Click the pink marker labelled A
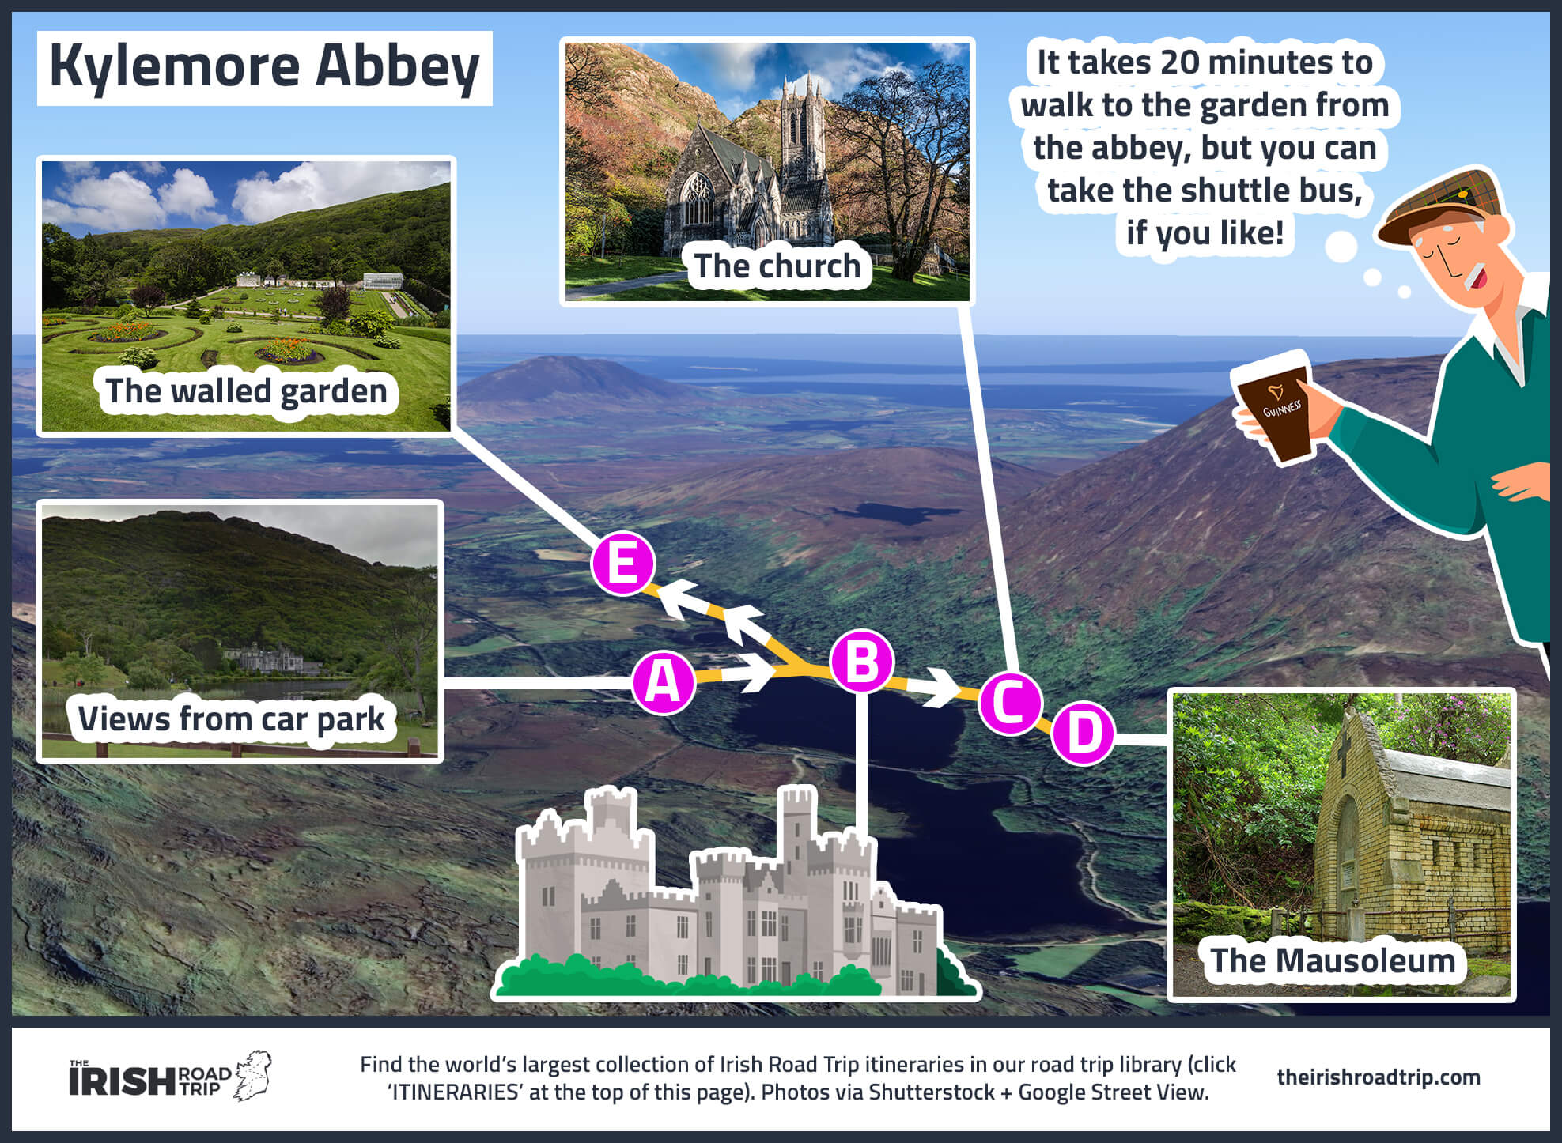click(663, 682)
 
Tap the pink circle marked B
click(861, 662)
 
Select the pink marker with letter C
click(1010, 703)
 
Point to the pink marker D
click(1083, 733)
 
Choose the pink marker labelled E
click(623, 563)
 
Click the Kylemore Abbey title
click(264, 67)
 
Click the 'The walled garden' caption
click(246, 391)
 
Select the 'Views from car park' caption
click(231, 719)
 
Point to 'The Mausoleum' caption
click(1333, 961)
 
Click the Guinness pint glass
click(1275, 408)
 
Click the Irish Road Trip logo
click(169, 1077)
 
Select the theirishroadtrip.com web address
click(1378, 1077)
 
